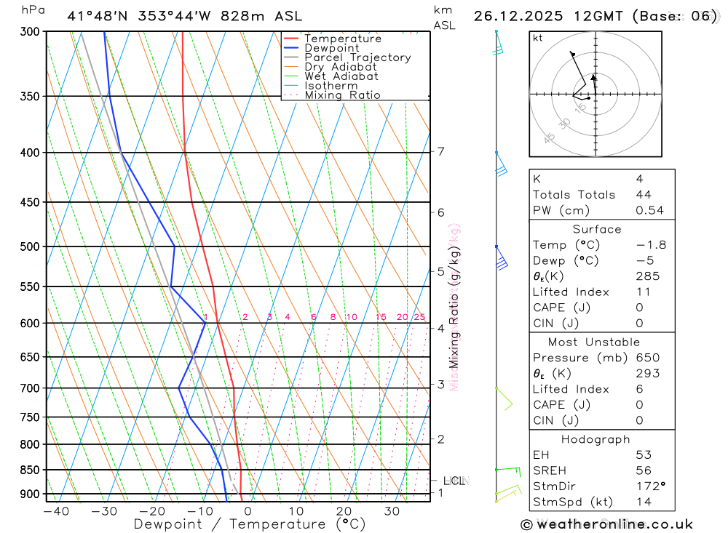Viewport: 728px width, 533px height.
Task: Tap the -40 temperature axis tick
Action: point(56,511)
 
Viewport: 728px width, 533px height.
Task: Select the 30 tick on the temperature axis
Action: point(392,511)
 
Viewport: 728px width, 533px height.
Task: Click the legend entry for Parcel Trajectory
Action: point(357,57)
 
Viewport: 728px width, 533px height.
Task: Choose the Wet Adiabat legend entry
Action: point(341,76)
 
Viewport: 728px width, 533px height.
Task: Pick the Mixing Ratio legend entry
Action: point(342,95)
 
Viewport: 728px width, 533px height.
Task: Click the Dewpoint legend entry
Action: point(332,48)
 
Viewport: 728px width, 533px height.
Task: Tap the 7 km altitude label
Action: point(440,151)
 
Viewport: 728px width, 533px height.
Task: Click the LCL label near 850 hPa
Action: point(454,481)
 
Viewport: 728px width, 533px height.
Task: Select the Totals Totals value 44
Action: point(644,195)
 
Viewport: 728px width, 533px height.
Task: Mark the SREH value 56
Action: point(644,470)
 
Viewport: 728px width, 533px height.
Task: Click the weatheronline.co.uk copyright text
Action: point(606,524)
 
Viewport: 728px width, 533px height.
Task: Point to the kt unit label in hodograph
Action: point(538,38)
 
